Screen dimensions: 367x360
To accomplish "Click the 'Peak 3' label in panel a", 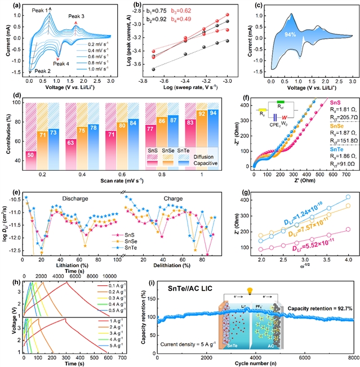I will [79, 16].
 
